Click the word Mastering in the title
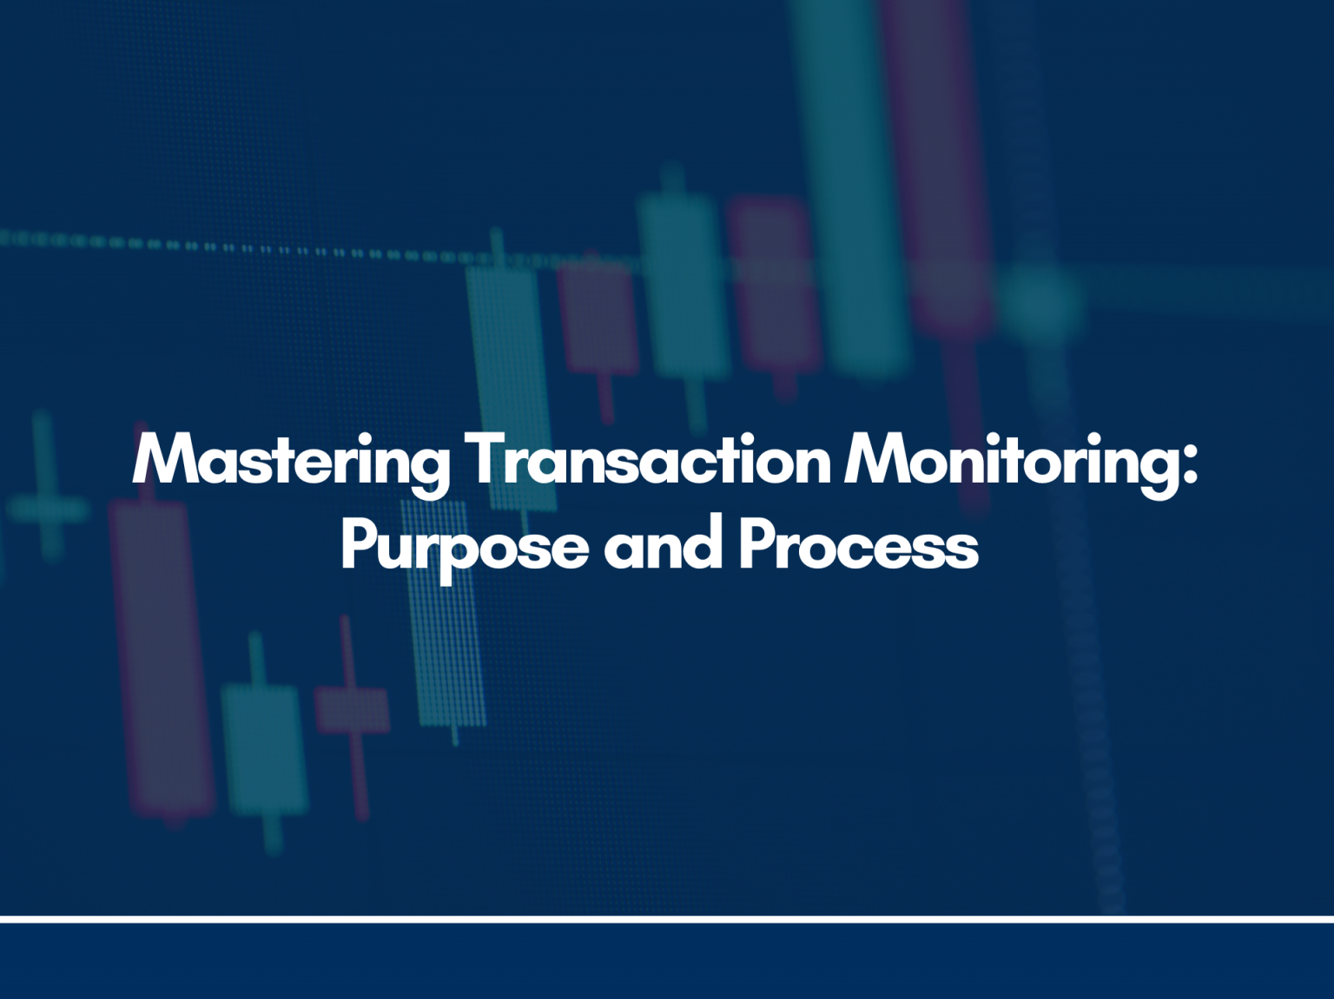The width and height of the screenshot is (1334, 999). [x=291, y=461]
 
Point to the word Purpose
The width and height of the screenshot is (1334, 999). [x=464, y=546]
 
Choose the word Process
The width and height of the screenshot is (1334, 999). [x=858, y=546]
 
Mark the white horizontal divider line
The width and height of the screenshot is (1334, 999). [x=667, y=918]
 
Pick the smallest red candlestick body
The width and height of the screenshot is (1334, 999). [x=352, y=710]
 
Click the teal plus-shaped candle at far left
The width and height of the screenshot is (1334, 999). [x=47, y=509]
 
